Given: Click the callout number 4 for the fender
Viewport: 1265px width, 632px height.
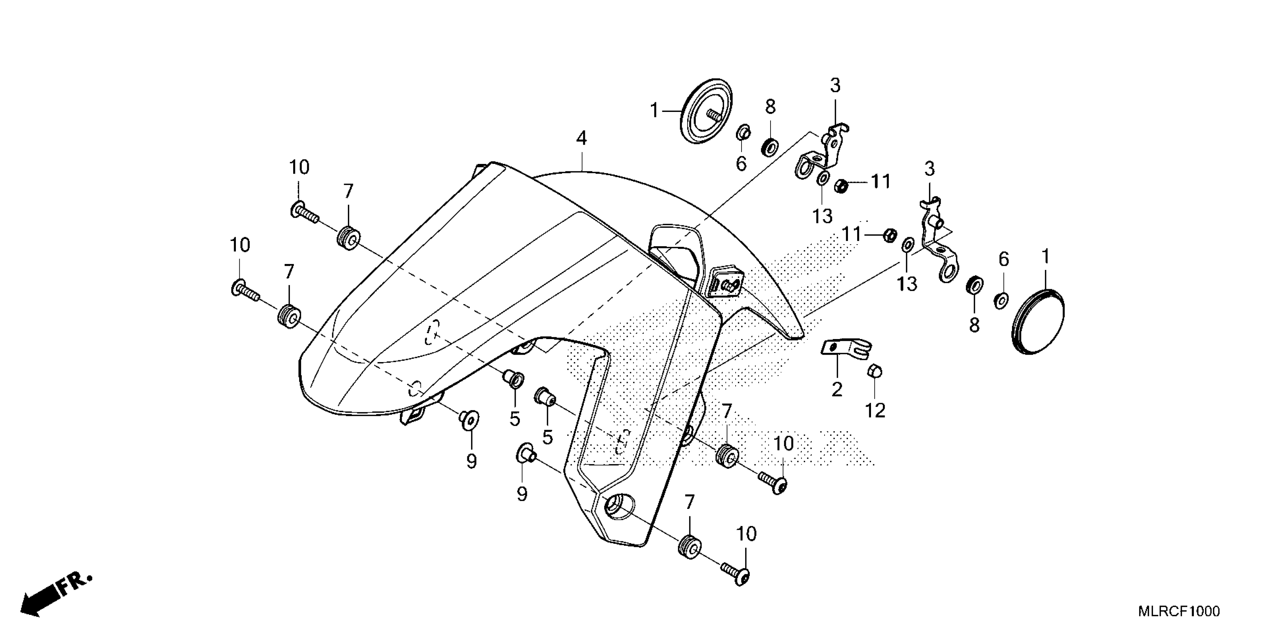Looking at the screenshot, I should coord(582,139).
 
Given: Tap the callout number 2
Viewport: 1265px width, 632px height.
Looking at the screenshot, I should coord(837,389).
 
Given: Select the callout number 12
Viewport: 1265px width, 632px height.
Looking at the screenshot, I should coord(875,410).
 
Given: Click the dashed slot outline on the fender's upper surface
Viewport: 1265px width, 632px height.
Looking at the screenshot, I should coord(432,333).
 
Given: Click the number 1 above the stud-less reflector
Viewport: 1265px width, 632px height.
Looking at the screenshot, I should coord(1045,257).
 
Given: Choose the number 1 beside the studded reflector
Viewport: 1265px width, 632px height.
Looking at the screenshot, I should coord(654,111).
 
